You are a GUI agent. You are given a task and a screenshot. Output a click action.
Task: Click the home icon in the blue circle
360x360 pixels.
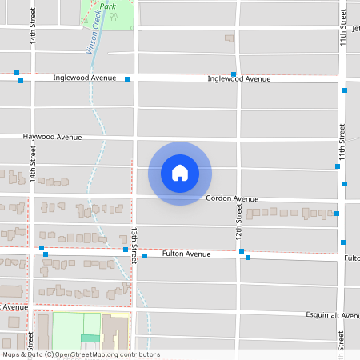180,173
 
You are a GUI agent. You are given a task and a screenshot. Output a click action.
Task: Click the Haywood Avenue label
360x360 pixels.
53,138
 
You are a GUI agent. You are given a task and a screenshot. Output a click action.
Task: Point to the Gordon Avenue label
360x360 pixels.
232,198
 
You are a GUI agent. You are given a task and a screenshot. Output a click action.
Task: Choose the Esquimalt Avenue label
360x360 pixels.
332,315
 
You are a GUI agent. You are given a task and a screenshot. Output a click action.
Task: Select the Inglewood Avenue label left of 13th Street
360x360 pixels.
85,78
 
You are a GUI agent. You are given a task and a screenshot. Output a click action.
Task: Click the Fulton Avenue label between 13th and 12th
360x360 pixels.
186,254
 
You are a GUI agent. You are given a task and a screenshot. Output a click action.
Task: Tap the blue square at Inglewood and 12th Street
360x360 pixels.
234,74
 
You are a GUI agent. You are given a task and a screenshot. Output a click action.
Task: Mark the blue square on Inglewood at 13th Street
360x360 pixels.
127,79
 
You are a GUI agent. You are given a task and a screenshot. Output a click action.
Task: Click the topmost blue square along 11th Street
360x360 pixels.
345,91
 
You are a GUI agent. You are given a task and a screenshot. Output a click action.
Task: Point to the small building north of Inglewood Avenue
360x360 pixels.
230,38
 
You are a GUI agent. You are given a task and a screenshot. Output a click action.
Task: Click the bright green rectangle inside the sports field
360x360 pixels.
90,338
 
